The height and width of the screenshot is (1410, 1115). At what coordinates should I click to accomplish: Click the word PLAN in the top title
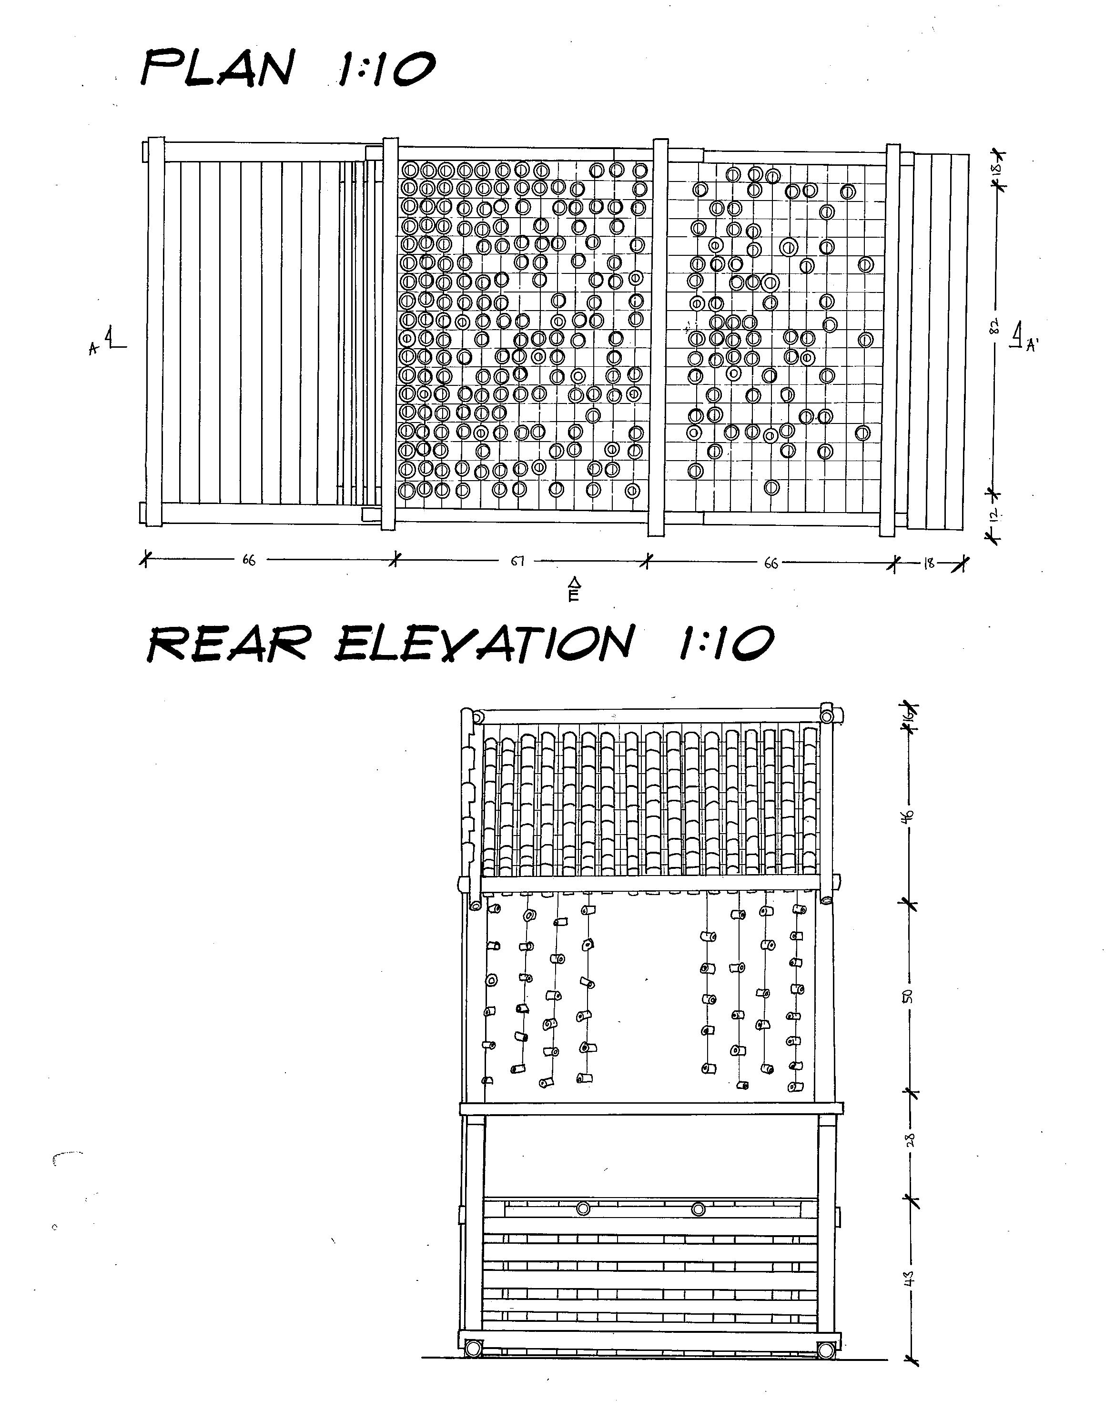coord(218,69)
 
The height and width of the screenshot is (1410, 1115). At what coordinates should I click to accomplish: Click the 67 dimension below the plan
coord(517,561)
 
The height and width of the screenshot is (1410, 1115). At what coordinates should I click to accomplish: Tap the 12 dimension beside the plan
coord(995,515)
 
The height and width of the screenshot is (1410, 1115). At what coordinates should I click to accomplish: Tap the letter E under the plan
coord(573,595)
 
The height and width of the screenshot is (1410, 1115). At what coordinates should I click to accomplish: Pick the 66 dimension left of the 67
coord(249,560)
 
